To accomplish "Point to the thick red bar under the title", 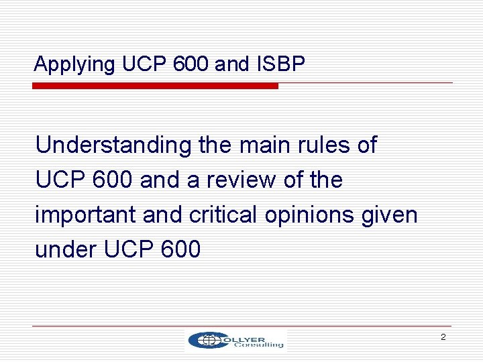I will [156, 86].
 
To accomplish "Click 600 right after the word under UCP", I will [181, 249].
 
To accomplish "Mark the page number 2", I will [443, 337].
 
